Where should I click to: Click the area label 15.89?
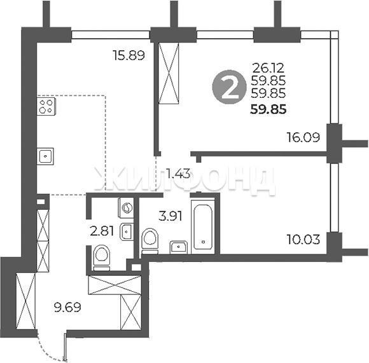point(129,55)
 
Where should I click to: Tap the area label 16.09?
point(303,137)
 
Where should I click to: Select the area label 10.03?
point(303,240)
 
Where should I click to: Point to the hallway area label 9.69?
point(67,307)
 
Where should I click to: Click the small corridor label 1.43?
point(178,174)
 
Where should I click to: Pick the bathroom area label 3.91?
point(171,216)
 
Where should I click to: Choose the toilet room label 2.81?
point(102,231)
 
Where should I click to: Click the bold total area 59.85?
point(268,109)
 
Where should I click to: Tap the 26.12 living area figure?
point(268,68)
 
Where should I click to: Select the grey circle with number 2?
point(228,87)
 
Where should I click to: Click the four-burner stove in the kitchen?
point(46,106)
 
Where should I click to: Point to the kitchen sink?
point(45,156)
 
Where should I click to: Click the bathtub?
point(203,227)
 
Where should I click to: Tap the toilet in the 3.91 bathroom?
point(150,241)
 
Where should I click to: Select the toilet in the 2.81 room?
point(102,258)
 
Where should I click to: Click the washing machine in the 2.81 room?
point(126,208)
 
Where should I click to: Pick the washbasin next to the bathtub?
point(179,247)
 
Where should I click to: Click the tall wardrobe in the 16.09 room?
point(168,73)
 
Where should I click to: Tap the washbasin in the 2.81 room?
point(127,232)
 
